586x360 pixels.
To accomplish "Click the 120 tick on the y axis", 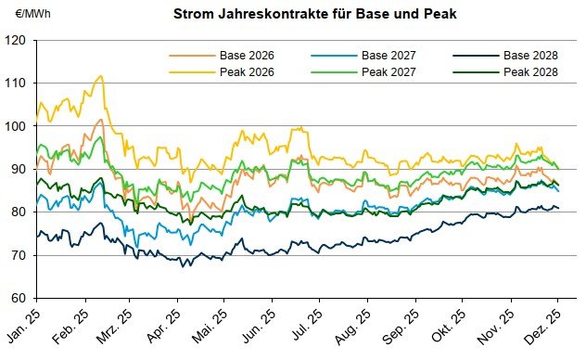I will (x=17, y=41).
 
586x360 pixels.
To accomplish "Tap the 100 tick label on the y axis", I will (x=17, y=126).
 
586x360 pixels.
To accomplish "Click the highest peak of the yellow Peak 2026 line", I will (x=101, y=76).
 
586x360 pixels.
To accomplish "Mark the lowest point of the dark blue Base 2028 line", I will (x=182, y=266).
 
